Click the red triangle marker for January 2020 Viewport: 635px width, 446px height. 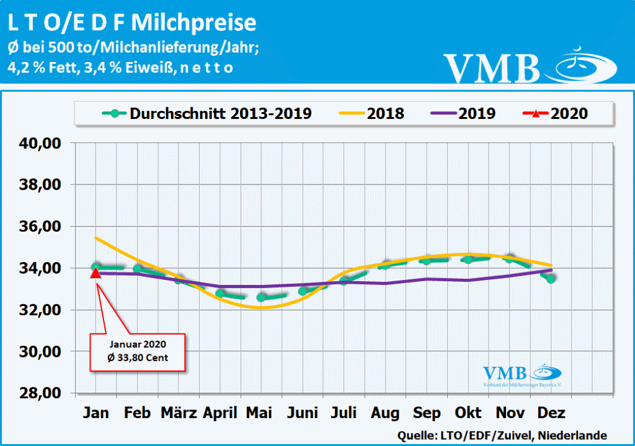click(95, 273)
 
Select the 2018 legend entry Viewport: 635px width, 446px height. click(372, 113)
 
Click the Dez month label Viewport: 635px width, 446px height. click(551, 413)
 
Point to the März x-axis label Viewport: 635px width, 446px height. click(179, 413)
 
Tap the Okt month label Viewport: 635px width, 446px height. click(469, 413)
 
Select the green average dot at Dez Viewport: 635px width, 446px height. click(551, 279)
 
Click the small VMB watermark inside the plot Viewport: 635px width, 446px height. click(506, 374)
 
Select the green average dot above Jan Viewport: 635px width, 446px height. click(95, 267)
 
